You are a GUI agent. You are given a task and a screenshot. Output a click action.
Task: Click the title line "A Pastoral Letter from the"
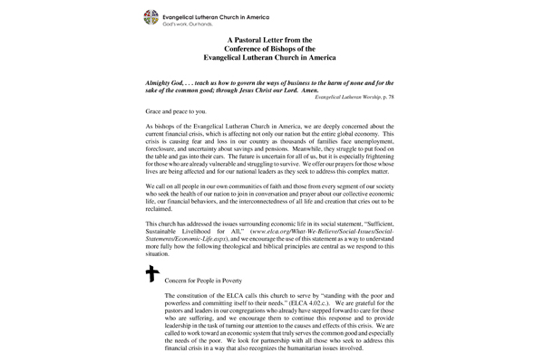(x=272, y=40)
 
